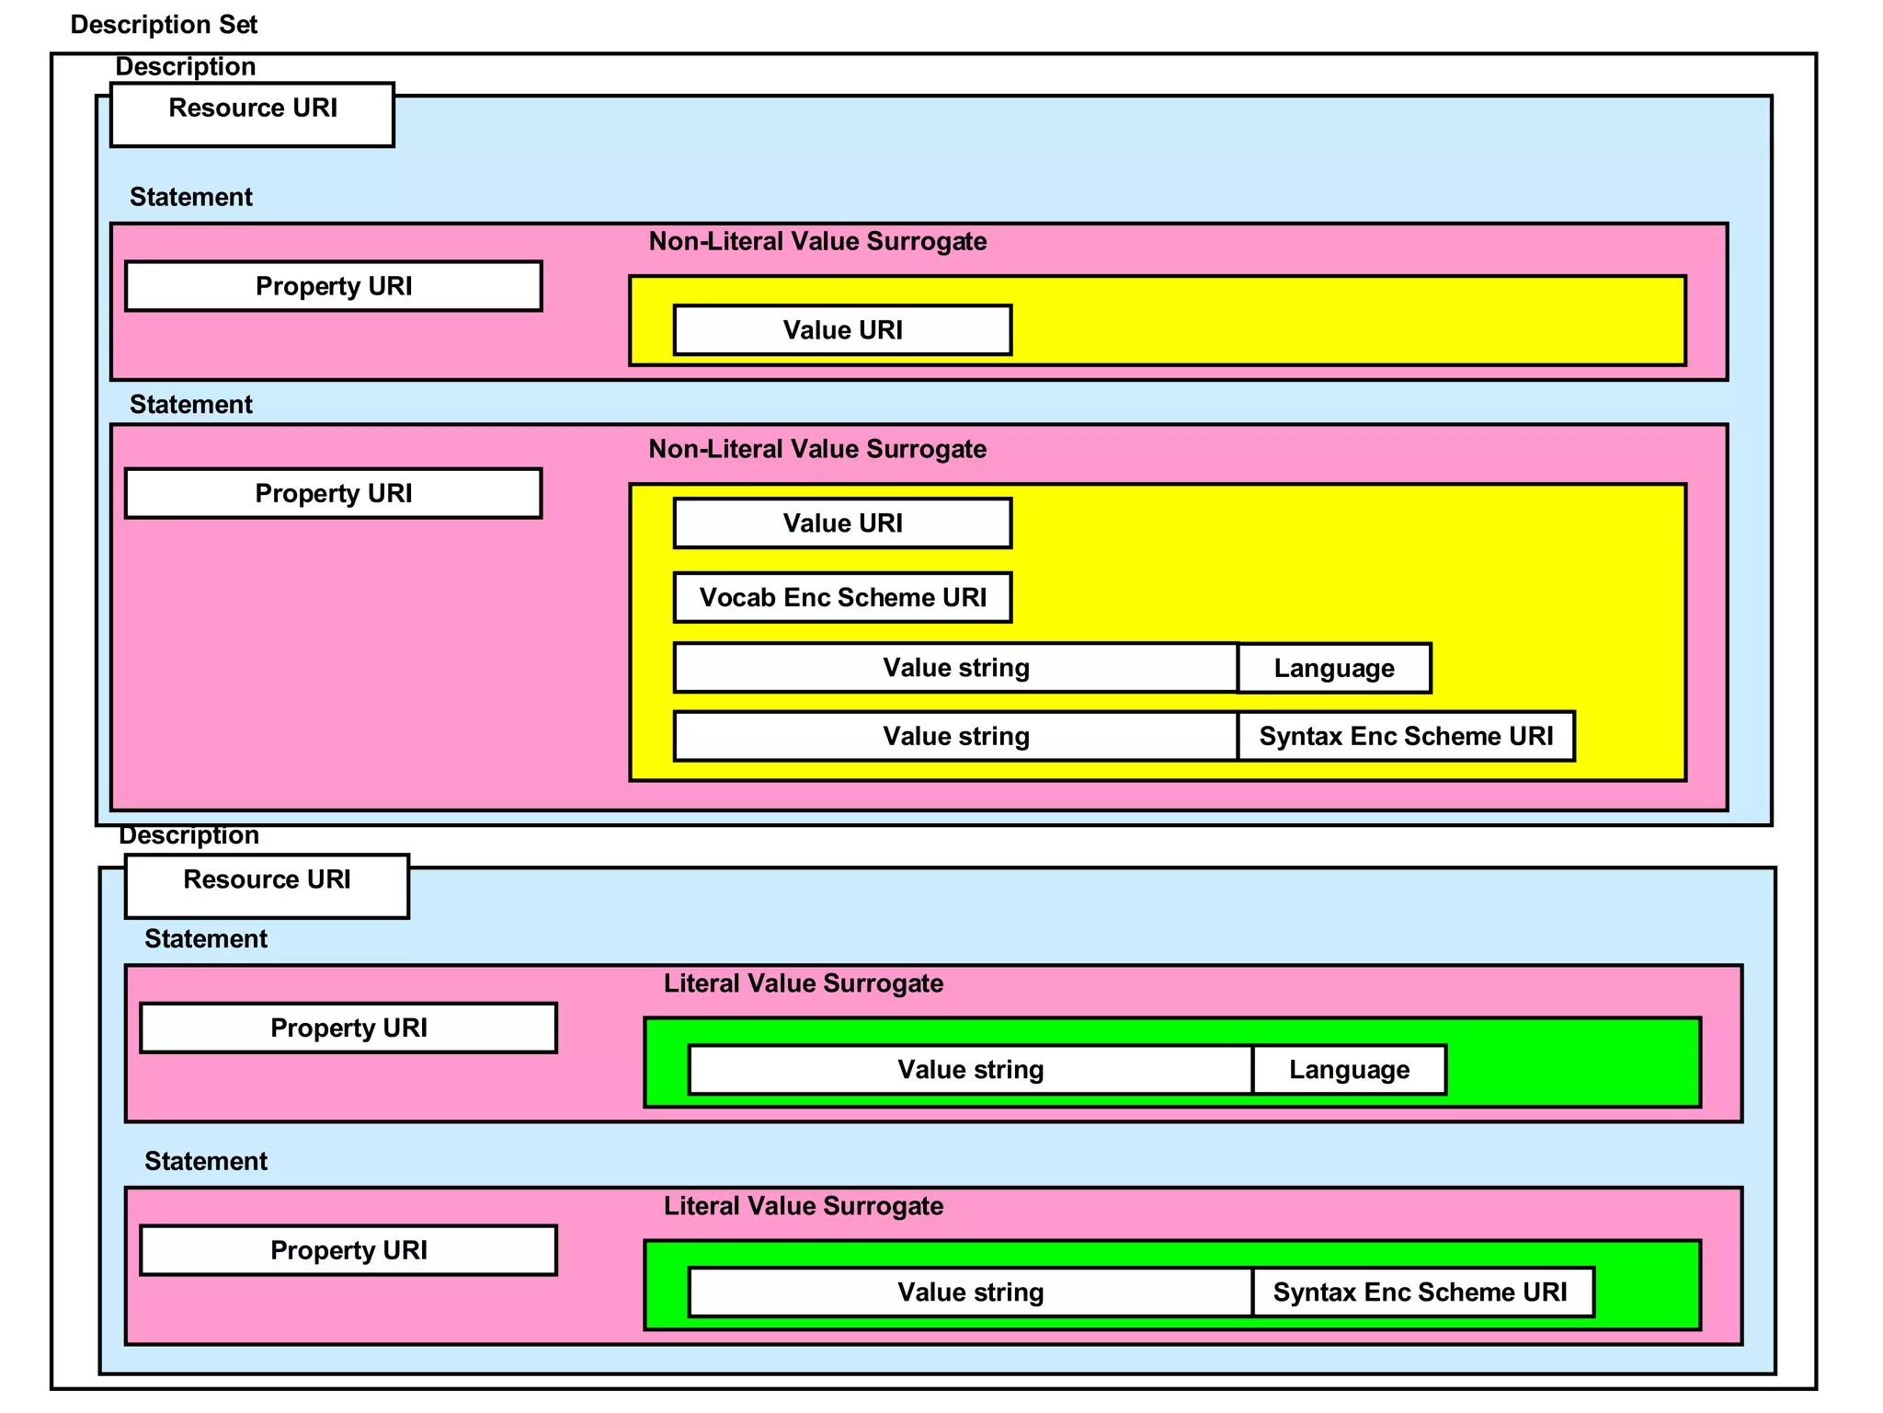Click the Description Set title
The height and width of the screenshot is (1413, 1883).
pyautogui.click(x=164, y=25)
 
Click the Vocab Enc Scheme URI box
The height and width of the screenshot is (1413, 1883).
pyautogui.click(x=842, y=598)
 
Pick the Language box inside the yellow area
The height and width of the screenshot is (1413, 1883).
pyautogui.click(x=1334, y=668)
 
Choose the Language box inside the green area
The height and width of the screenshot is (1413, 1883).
pyautogui.click(x=1349, y=1070)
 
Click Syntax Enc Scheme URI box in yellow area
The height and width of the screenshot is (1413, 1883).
pyautogui.click(x=1406, y=736)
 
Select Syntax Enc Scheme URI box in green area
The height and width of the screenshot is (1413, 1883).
pyautogui.click(x=1421, y=1292)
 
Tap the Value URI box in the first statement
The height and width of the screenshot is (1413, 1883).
pyautogui.click(x=842, y=330)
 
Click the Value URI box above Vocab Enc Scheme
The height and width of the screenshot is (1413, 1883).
pyautogui.click(x=842, y=523)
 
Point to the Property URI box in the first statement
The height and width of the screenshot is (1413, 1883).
pyautogui.click(x=333, y=286)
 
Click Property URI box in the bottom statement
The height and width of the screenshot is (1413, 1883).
pyautogui.click(x=348, y=1250)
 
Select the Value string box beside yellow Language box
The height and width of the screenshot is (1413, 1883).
pyautogui.click(x=955, y=668)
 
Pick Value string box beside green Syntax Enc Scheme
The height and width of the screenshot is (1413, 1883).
pyautogui.click(x=970, y=1292)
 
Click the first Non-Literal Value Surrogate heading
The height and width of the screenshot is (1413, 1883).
pyautogui.click(x=817, y=242)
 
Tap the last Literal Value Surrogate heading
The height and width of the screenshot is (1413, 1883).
pyautogui.click(x=804, y=1206)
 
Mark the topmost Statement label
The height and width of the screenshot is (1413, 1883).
pyautogui.click(x=190, y=197)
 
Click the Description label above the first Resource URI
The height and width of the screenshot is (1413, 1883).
pyautogui.click(x=185, y=67)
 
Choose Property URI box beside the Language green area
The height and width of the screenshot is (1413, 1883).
pyautogui.click(x=348, y=1028)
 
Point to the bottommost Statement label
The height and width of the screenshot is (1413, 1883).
pyautogui.click(x=205, y=1161)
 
